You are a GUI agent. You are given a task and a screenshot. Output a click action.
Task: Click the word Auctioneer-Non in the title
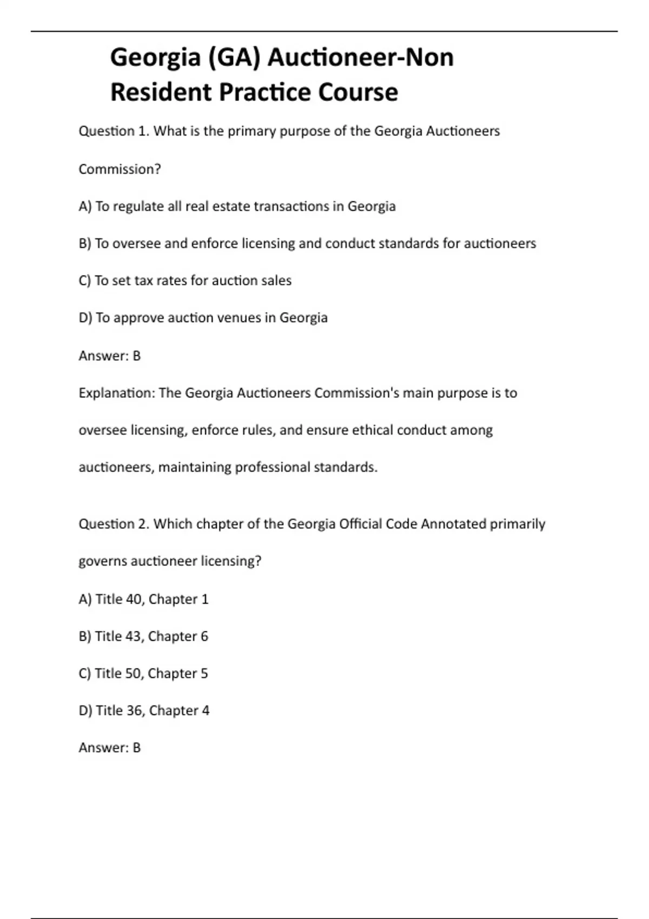360,57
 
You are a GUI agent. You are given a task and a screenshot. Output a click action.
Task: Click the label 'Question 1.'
114,131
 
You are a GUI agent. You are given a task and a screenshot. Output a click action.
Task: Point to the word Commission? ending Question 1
120,169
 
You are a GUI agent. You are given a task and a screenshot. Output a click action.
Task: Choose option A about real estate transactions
237,207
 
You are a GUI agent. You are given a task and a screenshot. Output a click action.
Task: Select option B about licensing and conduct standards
307,244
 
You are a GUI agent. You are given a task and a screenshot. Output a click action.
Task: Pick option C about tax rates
185,281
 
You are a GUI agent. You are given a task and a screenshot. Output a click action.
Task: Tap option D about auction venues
203,318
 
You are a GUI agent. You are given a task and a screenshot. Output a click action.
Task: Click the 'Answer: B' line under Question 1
109,356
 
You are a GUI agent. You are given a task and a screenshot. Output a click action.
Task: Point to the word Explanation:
116,393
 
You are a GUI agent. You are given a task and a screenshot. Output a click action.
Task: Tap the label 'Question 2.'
114,524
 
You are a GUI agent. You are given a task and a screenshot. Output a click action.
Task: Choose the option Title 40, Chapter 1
143,599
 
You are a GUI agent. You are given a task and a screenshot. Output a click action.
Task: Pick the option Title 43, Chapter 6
143,636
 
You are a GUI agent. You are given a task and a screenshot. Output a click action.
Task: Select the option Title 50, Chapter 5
143,674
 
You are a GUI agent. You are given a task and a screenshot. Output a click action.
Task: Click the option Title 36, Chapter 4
144,710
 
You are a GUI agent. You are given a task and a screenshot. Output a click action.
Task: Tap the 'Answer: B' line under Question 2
109,748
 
